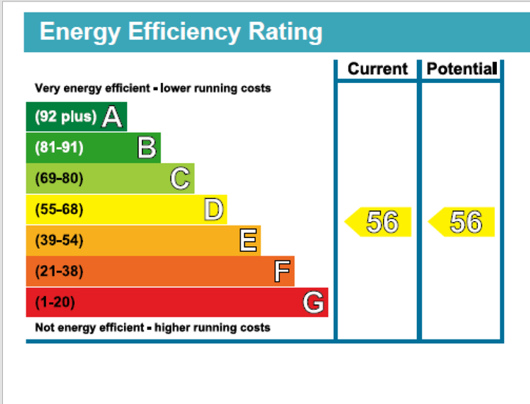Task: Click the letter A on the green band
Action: click(x=112, y=117)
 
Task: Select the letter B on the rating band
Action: click(x=147, y=148)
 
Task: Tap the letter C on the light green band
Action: click(x=181, y=178)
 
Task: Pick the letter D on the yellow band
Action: click(x=214, y=210)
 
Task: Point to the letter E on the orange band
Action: click(x=248, y=241)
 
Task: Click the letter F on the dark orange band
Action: click(x=282, y=272)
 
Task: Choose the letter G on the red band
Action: click(x=314, y=302)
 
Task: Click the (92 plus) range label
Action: click(x=65, y=117)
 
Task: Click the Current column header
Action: click(x=377, y=69)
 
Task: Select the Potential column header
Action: click(x=462, y=69)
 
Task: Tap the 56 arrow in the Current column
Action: click(x=379, y=222)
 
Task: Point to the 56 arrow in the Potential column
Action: click(x=462, y=222)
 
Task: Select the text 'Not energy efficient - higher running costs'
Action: click(x=153, y=327)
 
